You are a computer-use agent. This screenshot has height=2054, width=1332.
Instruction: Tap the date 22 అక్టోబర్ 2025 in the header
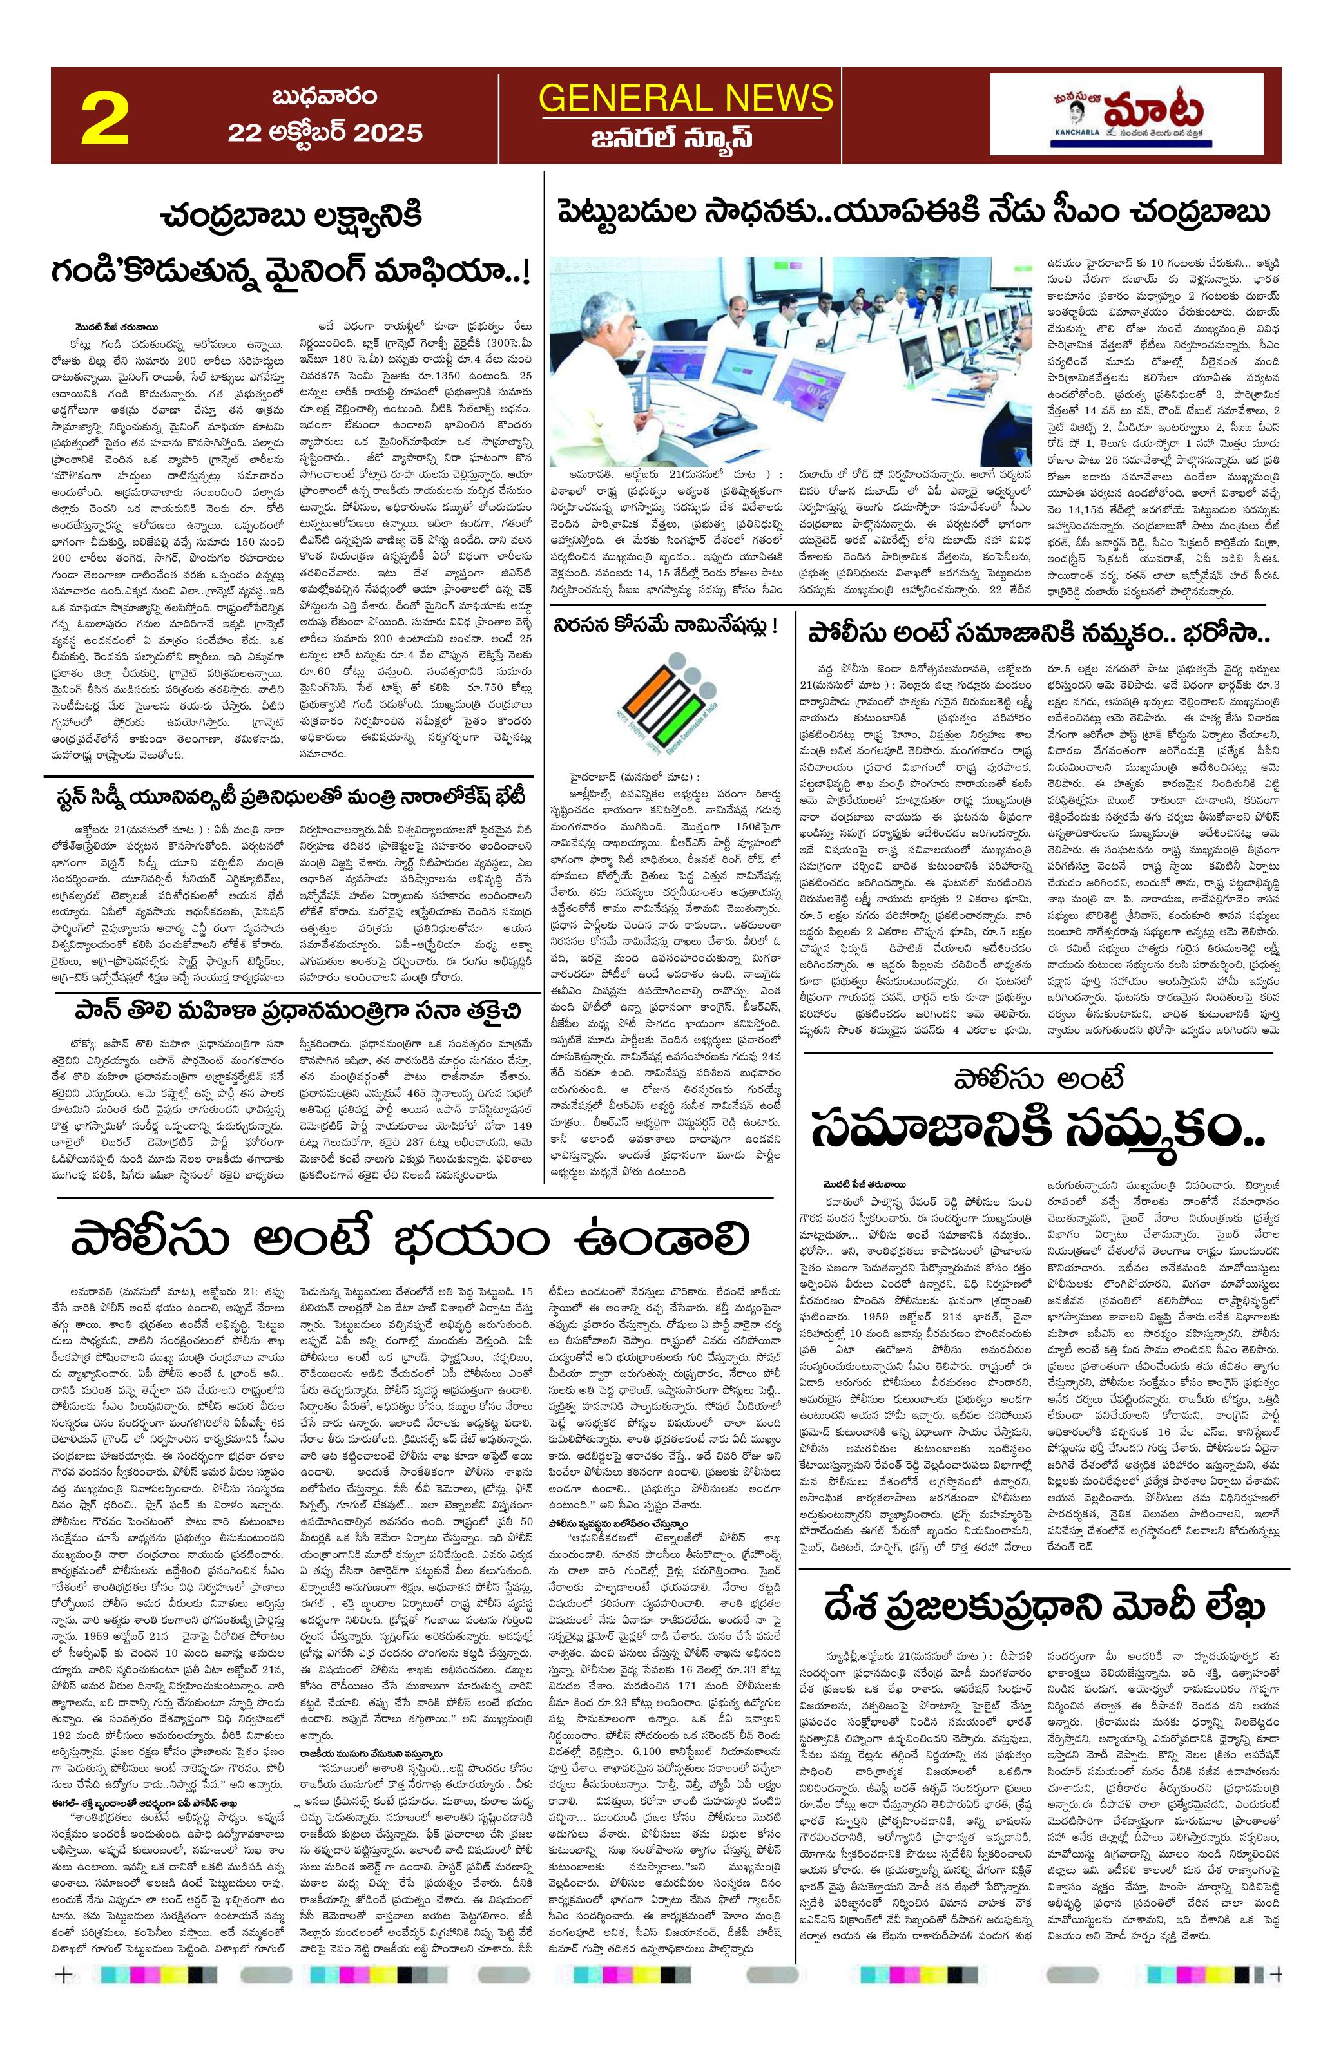pos(325,132)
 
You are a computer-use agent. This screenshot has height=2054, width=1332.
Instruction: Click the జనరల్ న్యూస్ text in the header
pos(686,138)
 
